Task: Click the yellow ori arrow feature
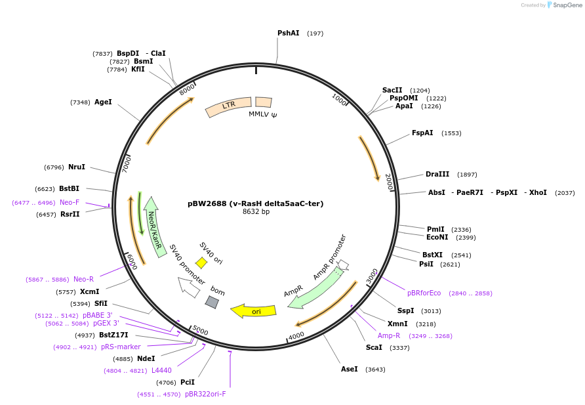click(254, 311)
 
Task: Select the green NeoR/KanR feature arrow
click(154, 227)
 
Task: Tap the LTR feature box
click(228, 106)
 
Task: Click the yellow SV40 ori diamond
click(201, 263)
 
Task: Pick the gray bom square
click(212, 302)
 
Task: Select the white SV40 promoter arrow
click(188, 288)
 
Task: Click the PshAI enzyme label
click(289, 33)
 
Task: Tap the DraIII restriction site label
click(437, 174)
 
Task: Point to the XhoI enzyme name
click(538, 192)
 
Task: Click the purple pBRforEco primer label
click(424, 293)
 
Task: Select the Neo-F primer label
click(70, 202)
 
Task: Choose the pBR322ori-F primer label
click(205, 394)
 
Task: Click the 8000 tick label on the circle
click(187, 89)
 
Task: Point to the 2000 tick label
click(389, 182)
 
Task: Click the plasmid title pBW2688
click(207, 203)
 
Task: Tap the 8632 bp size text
click(256, 211)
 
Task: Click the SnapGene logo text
click(567, 5)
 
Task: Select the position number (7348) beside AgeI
click(80, 102)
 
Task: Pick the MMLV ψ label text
click(263, 114)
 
